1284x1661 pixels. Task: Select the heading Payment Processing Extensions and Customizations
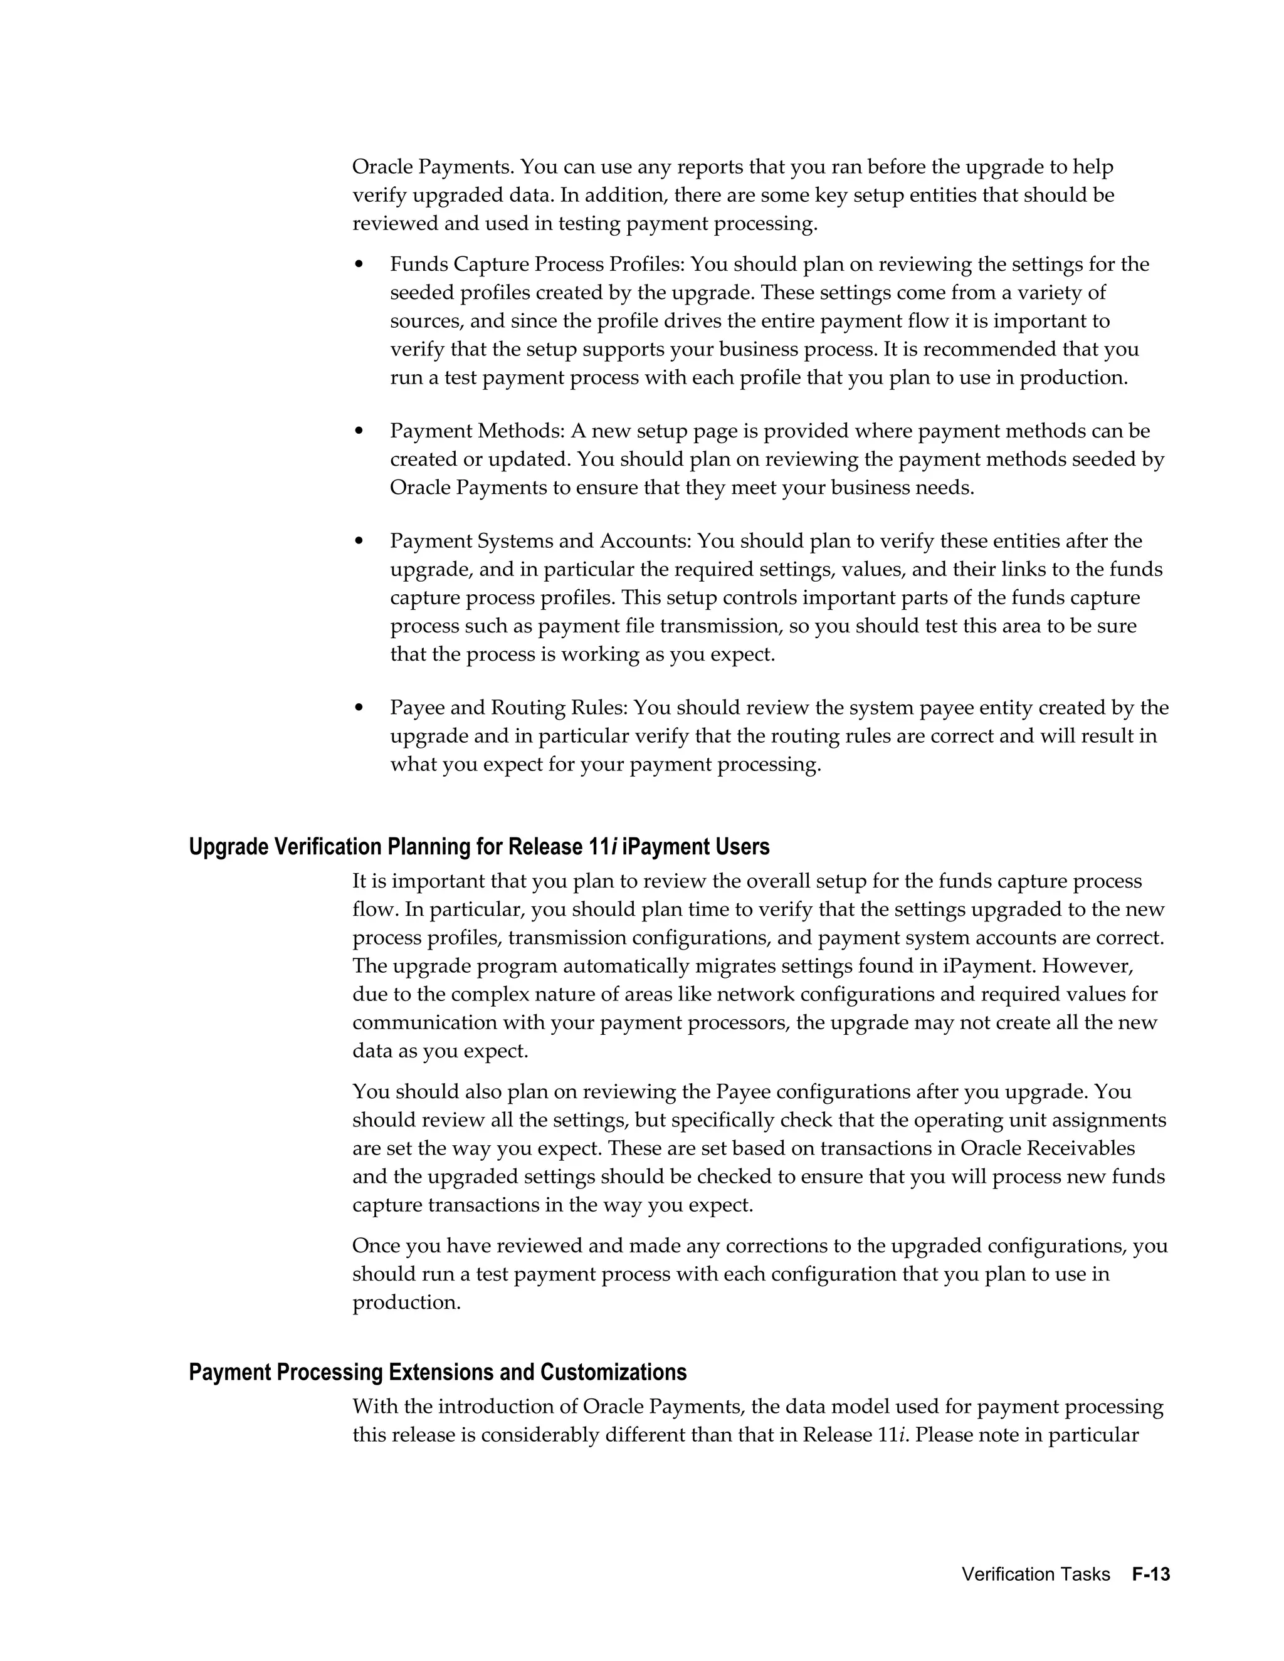pyautogui.click(x=438, y=1373)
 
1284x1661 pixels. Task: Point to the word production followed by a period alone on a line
pyautogui.click(x=406, y=1303)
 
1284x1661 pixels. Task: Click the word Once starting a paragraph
pyautogui.click(x=377, y=1247)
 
